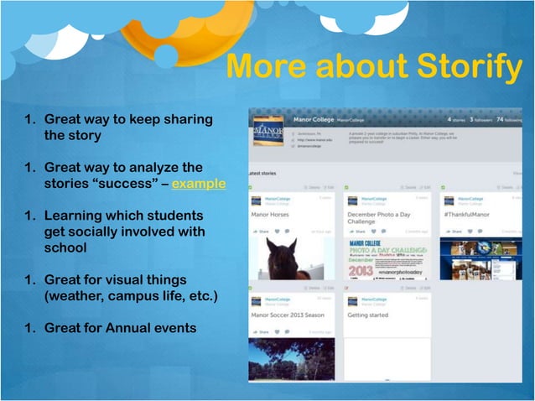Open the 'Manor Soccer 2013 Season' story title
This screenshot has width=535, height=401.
pos(288,315)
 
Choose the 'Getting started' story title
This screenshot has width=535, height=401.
pos(369,315)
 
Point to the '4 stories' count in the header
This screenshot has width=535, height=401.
pos(458,120)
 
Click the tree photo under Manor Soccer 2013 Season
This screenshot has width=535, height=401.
pos(291,359)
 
